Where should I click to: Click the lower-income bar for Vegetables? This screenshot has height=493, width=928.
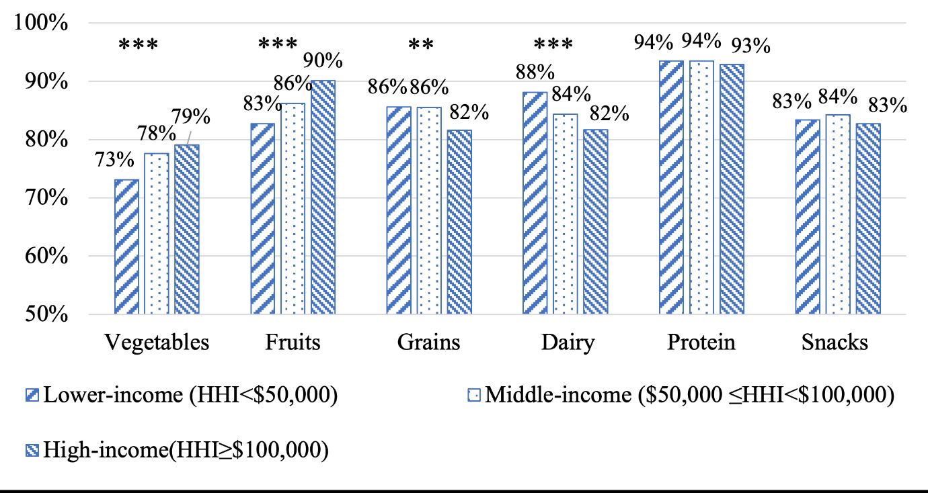tap(127, 246)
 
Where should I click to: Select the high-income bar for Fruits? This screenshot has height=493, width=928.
tap(323, 197)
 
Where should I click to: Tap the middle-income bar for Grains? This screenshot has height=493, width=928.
tap(429, 210)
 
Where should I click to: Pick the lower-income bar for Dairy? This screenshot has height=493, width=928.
tap(535, 203)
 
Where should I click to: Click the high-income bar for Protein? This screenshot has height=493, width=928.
tap(732, 189)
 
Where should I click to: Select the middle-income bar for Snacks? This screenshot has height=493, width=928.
tap(838, 214)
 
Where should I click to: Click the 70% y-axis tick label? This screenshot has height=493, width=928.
tap(41, 198)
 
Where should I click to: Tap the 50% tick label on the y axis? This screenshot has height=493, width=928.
tap(41, 314)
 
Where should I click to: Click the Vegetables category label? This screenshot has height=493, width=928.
tap(157, 343)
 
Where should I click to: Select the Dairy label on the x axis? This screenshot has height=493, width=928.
tap(568, 343)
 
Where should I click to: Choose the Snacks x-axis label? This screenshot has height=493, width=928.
tap(835, 343)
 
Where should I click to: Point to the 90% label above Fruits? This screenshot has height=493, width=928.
tap(322, 61)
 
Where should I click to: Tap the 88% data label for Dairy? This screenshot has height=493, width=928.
tap(535, 72)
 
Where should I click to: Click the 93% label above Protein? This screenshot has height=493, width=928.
tap(750, 46)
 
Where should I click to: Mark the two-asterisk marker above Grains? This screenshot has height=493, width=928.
tap(421, 46)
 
